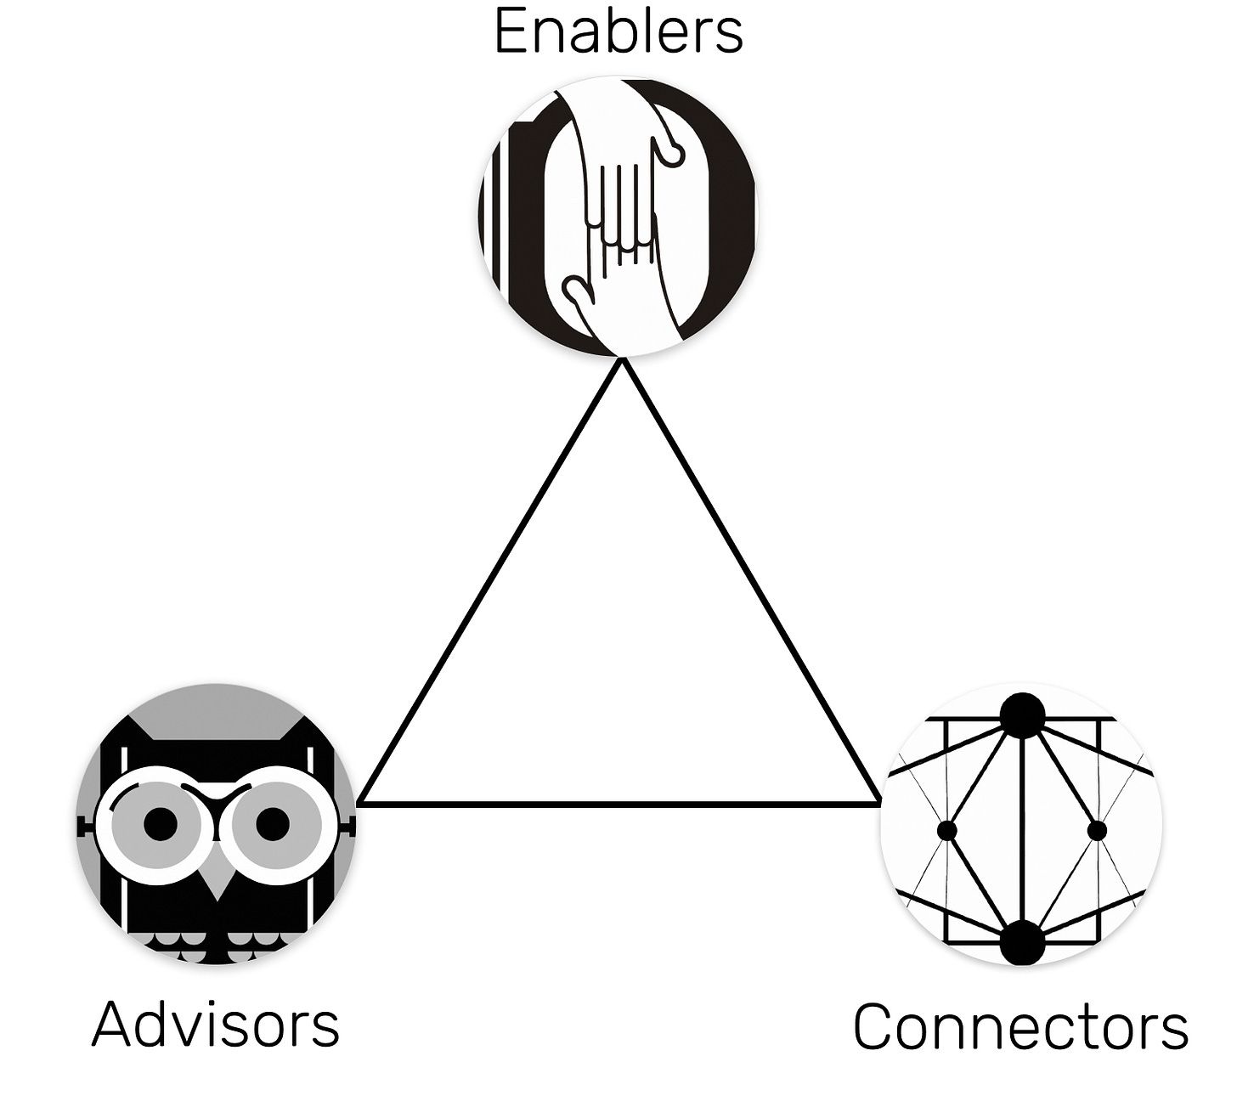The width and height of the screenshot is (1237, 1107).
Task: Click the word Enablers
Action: click(618, 31)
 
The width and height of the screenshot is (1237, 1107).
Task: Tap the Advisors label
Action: click(215, 1023)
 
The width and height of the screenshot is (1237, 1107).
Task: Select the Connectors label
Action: click(1020, 1026)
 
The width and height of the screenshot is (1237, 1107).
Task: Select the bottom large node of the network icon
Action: click(1022, 942)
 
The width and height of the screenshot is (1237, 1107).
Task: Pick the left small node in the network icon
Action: click(947, 830)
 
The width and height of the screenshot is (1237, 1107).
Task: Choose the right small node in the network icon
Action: click(1097, 830)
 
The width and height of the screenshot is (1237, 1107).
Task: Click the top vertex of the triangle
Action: click(623, 363)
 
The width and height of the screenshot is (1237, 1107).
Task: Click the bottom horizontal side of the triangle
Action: click(620, 801)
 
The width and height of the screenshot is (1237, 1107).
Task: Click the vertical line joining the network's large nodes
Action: click(1022, 828)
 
